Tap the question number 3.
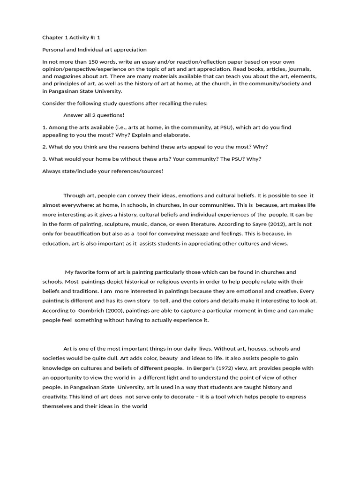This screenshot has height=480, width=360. pyautogui.click(x=44, y=159)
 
